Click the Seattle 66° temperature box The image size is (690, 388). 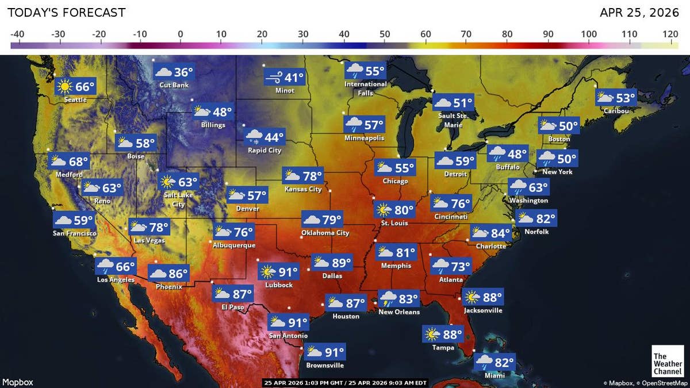(75, 87)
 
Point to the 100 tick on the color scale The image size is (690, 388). (589, 34)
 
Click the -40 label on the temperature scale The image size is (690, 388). (17, 34)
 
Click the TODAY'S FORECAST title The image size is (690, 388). (66, 13)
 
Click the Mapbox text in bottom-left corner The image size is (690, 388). (18, 382)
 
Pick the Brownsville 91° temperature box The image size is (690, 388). (325, 352)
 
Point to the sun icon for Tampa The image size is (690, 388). (431, 334)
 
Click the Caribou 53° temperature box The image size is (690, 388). (616, 98)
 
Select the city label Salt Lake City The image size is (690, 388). (178, 199)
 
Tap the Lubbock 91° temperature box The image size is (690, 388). (280, 272)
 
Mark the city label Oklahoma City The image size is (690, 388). (325, 233)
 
